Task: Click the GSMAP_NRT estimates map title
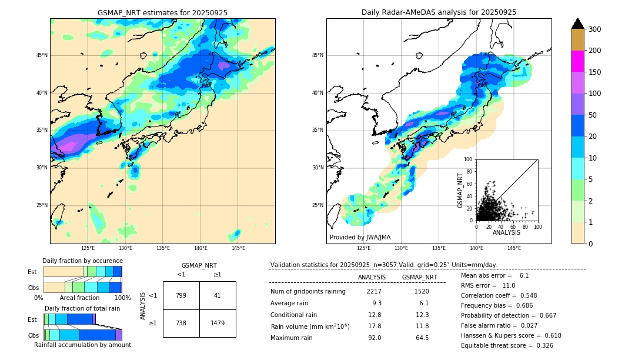[162, 12]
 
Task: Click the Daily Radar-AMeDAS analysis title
[439, 12]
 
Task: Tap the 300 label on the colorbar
[594, 29]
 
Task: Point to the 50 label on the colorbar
[592, 115]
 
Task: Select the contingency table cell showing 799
[181, 295]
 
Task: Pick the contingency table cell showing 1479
[218, 323]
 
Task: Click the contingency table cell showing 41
[218, 295]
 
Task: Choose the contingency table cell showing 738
[181, 323]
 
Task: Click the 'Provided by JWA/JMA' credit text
[360, 238]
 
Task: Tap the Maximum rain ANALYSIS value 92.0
[375, 338]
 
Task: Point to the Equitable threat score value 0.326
[541, 345]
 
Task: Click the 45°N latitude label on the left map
[42, 55]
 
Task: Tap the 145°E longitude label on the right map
[514, 248]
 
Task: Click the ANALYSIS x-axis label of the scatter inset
[507, 232]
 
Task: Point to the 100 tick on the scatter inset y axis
[469, 159]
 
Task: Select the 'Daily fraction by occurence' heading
[82, 261]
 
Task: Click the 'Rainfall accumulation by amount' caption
[82, 345]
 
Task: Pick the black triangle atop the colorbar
[578, 24]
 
